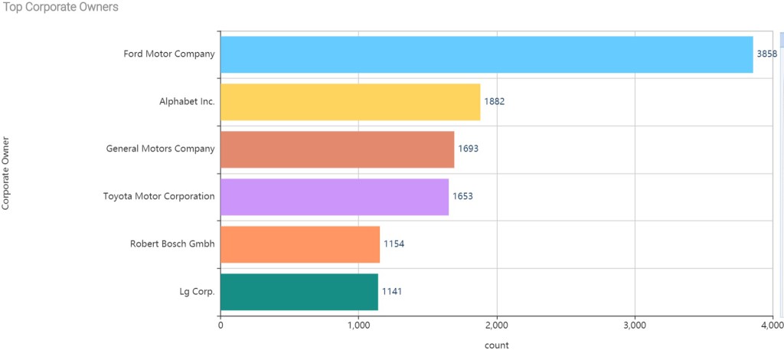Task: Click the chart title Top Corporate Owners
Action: [61, 7]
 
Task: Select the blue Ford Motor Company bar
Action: [486, 54]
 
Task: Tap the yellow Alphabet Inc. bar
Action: [350, 102]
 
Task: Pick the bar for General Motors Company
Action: [337, 149]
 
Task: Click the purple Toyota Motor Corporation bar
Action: [334, 197]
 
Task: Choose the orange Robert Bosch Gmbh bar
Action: [299, 244]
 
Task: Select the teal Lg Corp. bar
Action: [299, 292]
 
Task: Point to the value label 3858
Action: [766, 54]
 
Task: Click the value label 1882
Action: [495, 102]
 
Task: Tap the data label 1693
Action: [468, 149]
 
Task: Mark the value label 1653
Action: [462, 197]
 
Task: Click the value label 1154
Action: [394, 244]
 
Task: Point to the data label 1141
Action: [392, 292]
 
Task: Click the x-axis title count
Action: [496, 345]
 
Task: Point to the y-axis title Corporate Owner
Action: [7, 173]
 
